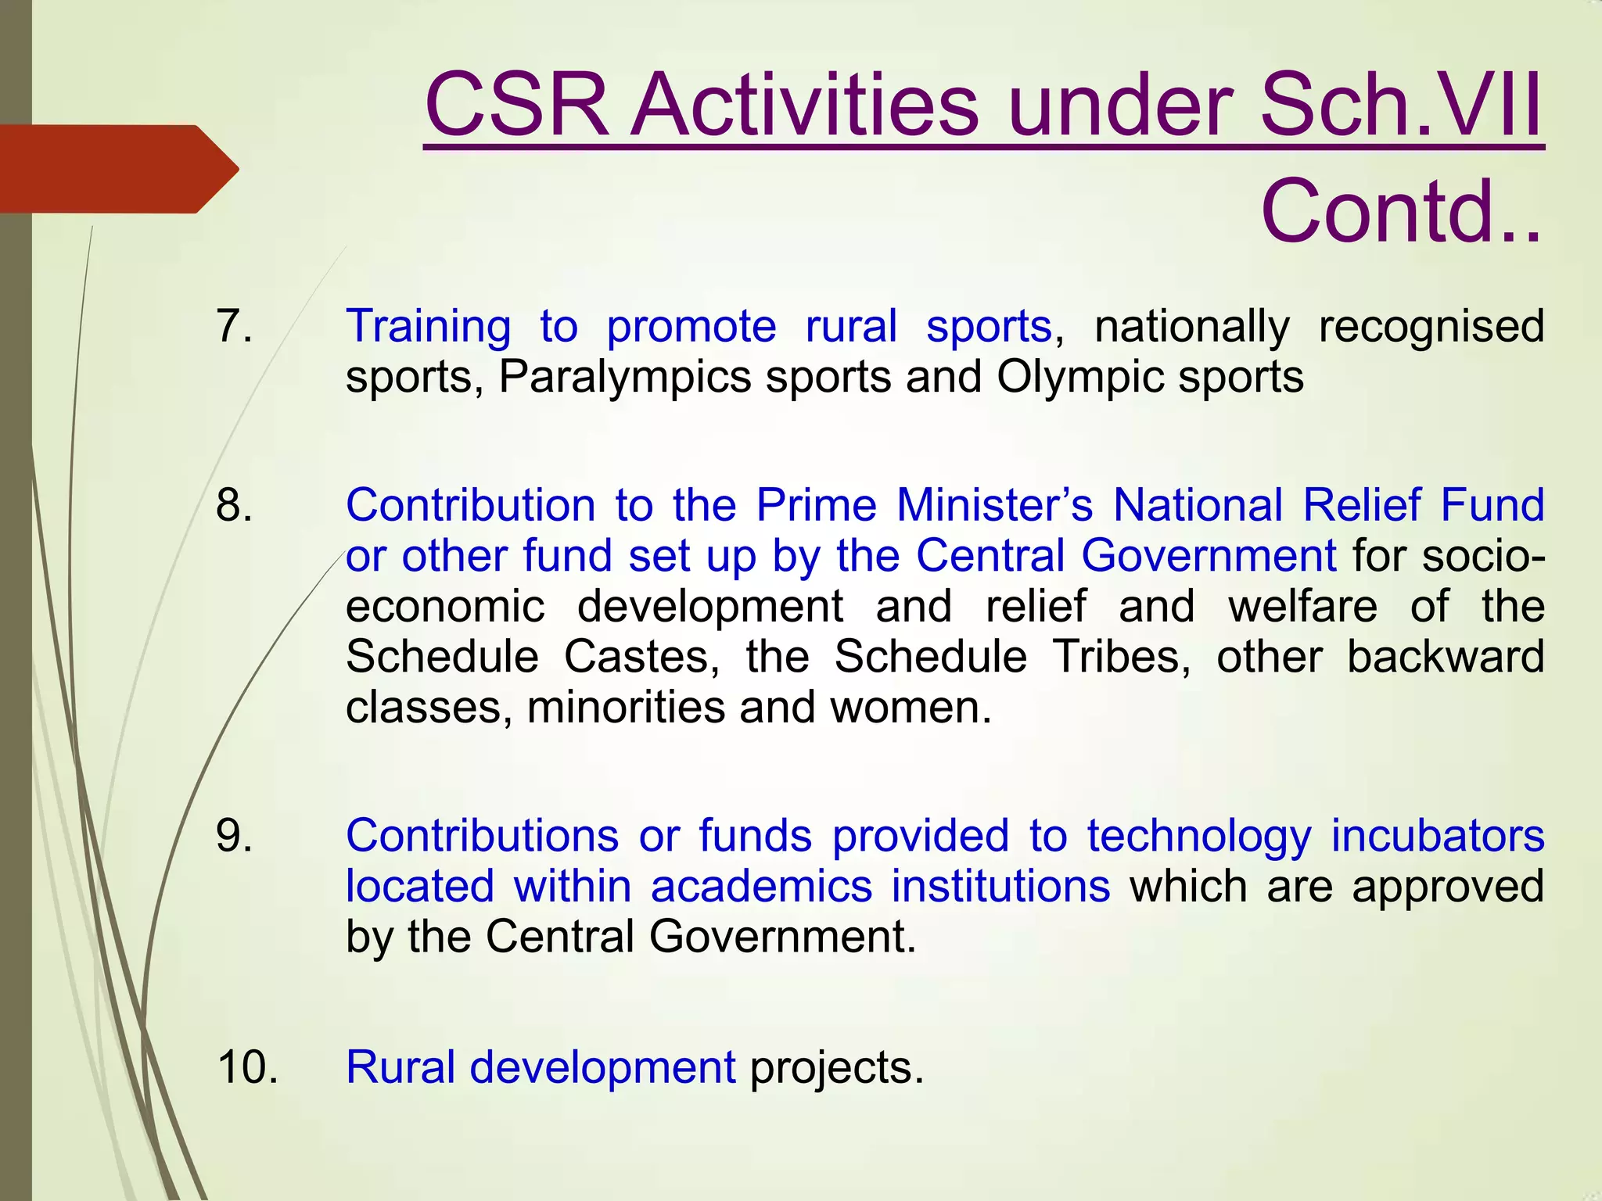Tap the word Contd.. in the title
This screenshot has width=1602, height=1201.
1401,211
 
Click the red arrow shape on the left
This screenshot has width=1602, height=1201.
117,169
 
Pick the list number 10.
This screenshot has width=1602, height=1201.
247,1067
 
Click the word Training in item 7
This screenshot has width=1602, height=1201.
428,326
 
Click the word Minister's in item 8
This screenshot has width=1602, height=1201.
994,505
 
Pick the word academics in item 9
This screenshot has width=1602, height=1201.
761,887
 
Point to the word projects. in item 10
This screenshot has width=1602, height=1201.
837,1069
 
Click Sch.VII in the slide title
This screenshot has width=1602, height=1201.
1401,106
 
